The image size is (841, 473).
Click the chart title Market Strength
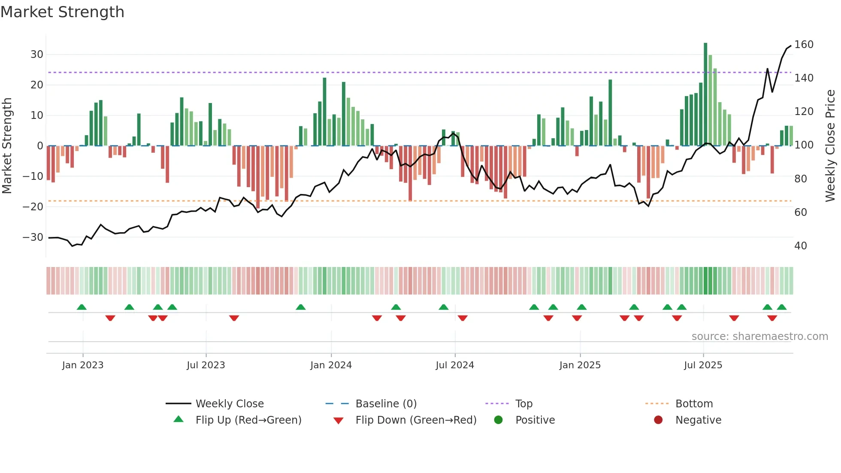pyautogui.click(x=62, y=12)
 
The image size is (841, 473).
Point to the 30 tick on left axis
pyautogui.click(x=37, y=55)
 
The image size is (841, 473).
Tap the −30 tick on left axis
pyautogui.click(x=33, y=237)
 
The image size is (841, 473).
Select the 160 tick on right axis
pyautogui.click(x=804, y=45)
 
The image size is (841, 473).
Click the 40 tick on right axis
pyautogui.click(x=801, y=246)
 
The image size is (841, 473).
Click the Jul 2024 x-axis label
pyautogui.click(x=455, y=365)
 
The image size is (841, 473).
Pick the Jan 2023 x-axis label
pyautogui.click(x=83, y=365)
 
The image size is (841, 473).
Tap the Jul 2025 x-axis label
pyautogui.click(x=703, y=365)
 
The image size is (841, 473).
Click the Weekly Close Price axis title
pyautogui.click(x=830, y=146)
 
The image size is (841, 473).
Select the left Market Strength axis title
pyautogui.click(x=7, y=146)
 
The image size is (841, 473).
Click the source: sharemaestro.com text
pyautogui.click(x=759, y=337)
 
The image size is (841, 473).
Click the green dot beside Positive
pyautogui.click(x=498, y=420)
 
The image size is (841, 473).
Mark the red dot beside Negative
pyautogui.click(x=658, y=420)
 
